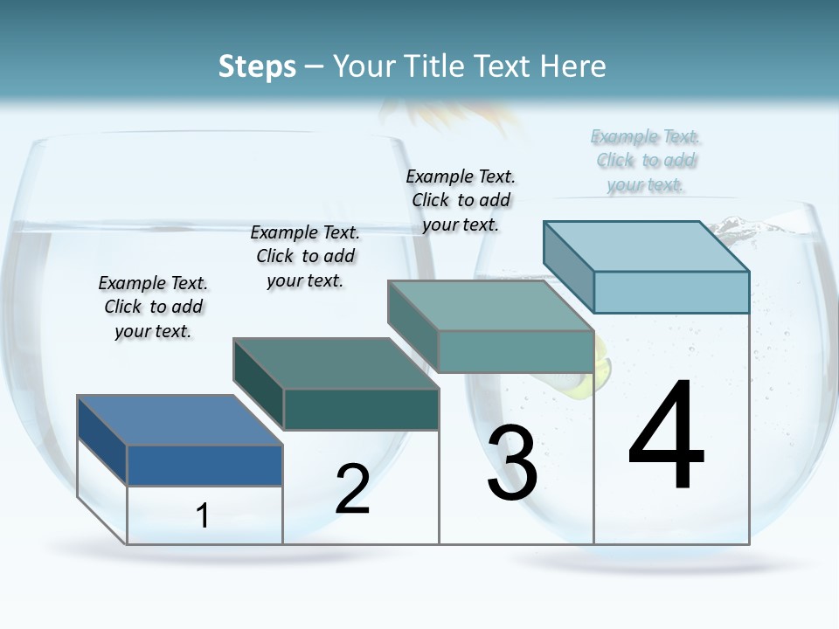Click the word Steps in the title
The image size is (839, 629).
click(257, 66)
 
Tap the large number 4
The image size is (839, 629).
click(667, 436)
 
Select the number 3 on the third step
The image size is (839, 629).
click(512, 463)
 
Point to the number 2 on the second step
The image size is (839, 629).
click(352, 489)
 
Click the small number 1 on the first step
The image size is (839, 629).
click(202, 516)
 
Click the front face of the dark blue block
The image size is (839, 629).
click(205, 465)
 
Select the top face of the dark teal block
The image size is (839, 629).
click(336, 363)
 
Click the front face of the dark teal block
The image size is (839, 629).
click(361, 409)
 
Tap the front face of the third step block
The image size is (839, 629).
click(516, 351)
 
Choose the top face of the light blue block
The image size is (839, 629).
click(647, 246)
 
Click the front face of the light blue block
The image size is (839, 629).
click(671, 292)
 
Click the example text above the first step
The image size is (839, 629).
click(153, 307)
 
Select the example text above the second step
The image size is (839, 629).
click(305, 256)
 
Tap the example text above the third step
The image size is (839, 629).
click(461, 200)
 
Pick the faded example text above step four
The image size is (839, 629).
click(646, 161)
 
